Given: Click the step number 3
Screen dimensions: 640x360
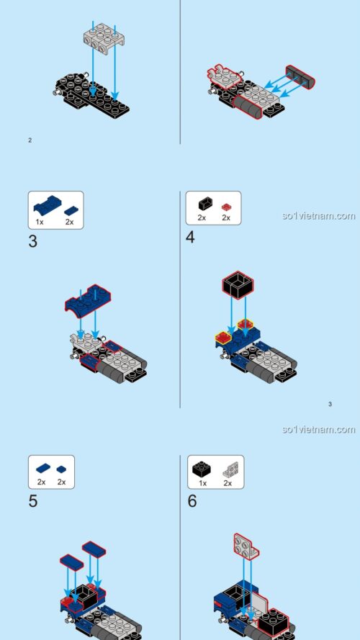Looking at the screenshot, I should [33, 240].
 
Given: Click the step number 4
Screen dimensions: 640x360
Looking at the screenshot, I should [191, 237].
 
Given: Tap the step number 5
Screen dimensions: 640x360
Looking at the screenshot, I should [33, 500].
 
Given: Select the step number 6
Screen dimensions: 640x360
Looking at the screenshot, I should [192, 500].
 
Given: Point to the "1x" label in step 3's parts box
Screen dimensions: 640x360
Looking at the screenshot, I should [40, 222].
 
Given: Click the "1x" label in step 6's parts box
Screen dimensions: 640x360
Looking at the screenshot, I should [202, 482].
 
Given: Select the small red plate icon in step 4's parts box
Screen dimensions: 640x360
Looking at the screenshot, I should [225, 204].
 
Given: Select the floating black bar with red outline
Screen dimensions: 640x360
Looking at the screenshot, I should [300, 76].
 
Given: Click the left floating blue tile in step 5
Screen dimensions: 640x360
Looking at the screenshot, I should [72, 560].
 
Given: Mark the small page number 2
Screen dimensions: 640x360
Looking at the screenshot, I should [30, 140].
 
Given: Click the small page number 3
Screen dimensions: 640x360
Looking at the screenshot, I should [330, 404].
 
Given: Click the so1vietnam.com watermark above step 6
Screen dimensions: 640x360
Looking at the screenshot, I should [318, 430].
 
